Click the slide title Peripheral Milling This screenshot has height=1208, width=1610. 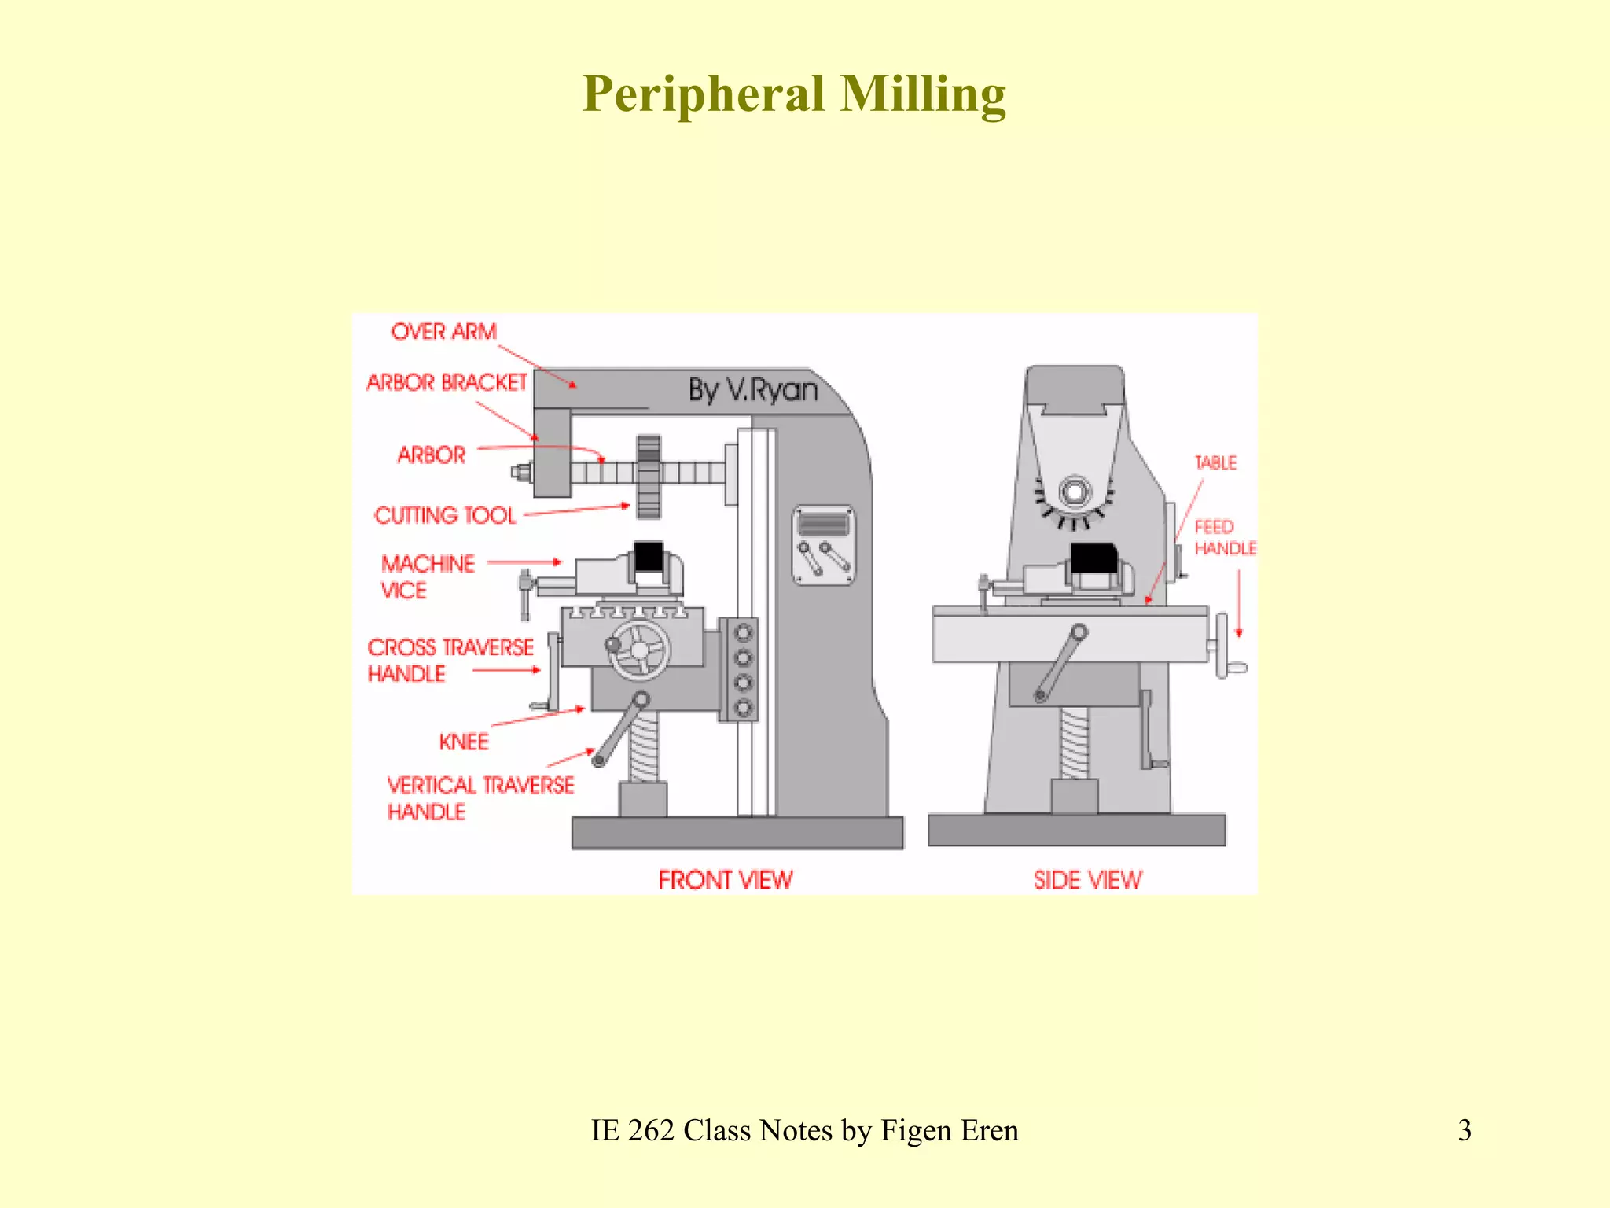tap(794, 94)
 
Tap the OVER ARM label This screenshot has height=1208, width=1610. tap(443, 332)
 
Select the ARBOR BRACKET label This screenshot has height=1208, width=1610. tap(446, 383)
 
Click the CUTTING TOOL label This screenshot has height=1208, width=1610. tap(445, 515)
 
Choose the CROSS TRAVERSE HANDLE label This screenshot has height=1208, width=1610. tap(450, 660)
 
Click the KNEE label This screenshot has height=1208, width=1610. tap(464, 742)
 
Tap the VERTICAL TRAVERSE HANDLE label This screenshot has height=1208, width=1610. tap(480, 797)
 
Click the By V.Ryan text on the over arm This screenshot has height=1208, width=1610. tap(752, 390)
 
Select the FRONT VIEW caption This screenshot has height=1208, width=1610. tap(725, 879)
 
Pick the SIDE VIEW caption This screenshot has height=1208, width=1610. tap(1087, 879)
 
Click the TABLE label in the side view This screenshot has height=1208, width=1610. tap(1215, 462)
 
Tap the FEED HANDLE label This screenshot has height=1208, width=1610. tap(1224, 537)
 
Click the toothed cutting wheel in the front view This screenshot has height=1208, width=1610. tap(649, 477)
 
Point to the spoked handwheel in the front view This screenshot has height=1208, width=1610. tap(640, 650)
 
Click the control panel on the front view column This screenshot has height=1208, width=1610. tap(823, 545)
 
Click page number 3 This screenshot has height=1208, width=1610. tap(1464, 1130)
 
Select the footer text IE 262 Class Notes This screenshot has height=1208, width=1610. tap(803, 1130)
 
